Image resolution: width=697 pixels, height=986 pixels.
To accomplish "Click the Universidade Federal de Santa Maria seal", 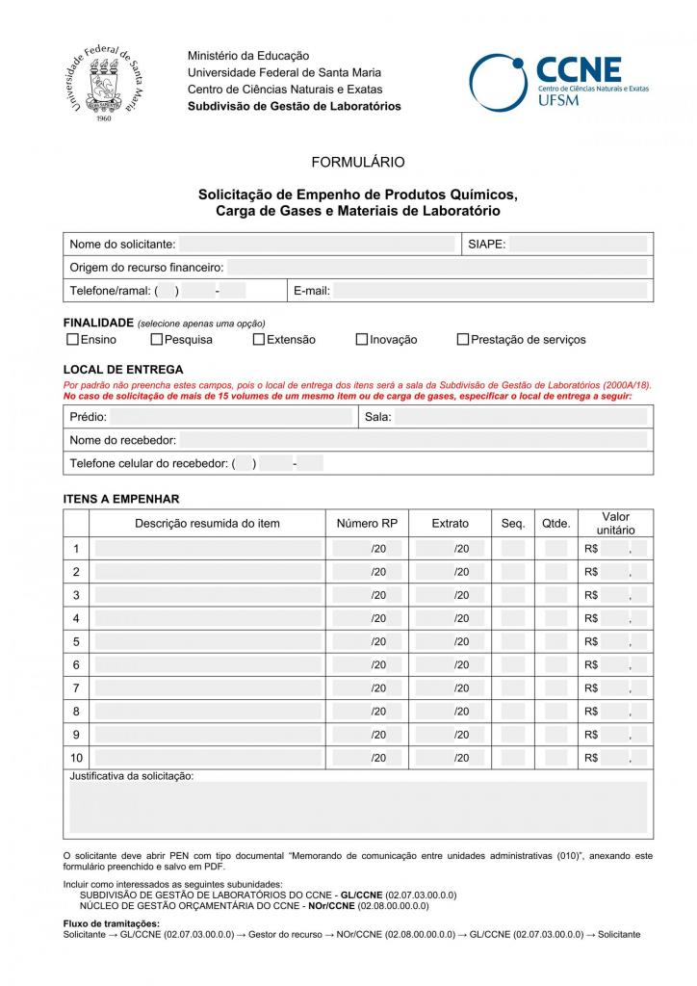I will coord(107,85).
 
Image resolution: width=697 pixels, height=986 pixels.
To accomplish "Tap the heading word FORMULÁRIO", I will coord(358,162).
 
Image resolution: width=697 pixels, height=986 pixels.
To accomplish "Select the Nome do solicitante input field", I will coord(317,245).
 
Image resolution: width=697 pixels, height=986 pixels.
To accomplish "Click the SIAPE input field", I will coord(578,245).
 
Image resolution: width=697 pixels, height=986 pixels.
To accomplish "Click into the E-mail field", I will coord(490,291).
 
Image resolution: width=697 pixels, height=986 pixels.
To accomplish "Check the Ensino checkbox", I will coord(72,339).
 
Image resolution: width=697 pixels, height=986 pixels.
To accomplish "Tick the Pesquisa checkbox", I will coord(156,339).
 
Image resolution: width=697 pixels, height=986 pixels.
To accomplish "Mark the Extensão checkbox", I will coord(259,339).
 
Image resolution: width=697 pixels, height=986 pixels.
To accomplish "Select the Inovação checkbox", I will coord(362,339).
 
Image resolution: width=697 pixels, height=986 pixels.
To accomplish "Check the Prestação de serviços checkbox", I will coord(463,339).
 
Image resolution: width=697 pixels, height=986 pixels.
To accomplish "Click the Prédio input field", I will coord(232,417).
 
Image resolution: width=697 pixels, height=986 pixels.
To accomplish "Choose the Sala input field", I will coord(521,417).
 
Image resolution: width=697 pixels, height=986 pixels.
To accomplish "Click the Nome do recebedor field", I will coord(413,440).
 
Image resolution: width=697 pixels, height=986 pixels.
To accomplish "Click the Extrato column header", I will coord(450,524).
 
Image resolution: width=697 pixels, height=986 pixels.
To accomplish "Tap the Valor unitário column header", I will coord(615,524).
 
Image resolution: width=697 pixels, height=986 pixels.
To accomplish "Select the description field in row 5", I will coord(208,641).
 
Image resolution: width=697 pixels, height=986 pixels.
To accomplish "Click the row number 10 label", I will coord(76,757).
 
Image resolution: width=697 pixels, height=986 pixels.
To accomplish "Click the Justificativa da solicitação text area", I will coord(358,808).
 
